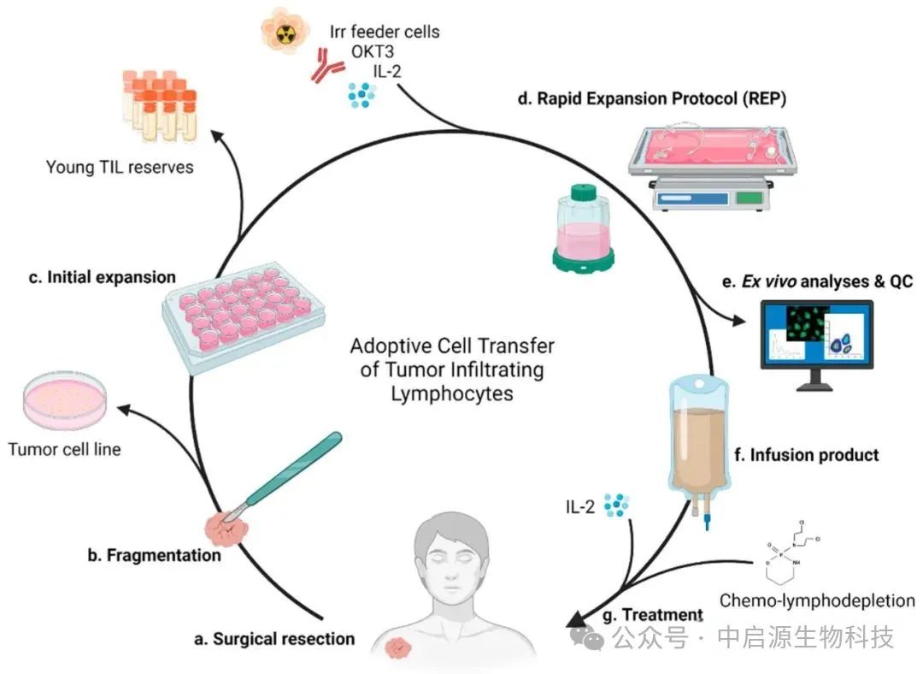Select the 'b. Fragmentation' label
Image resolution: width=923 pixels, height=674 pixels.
coord(154,555)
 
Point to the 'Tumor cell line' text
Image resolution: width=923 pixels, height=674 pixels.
coord(65,449)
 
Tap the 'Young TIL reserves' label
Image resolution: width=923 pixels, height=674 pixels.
coord(120,167)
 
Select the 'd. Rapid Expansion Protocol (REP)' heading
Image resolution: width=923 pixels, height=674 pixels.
coord(651,98)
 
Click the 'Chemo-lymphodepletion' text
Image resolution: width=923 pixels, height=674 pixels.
coord(817,600)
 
